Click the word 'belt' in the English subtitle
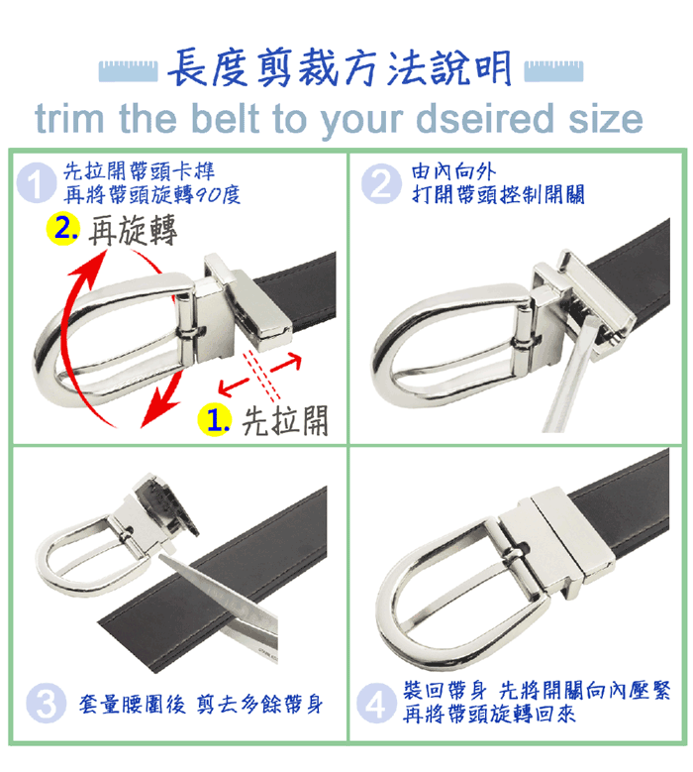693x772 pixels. (225, 119)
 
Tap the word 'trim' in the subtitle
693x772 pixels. (69, 119)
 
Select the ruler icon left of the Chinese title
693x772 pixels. (128, 71)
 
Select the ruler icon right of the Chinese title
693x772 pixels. (553, 71)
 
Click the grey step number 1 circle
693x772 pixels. (36, 183)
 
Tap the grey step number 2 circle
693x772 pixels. (381, 183)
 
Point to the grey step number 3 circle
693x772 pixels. (46, 703)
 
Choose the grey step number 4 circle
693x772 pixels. (376, 703)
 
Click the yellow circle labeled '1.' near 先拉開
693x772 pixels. (215, 420)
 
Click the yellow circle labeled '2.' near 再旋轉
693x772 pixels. (63, 229)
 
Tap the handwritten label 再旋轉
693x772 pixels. (133, 230)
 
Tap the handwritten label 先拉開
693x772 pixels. (285, 421)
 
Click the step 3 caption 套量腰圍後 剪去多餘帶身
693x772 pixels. (201, 704)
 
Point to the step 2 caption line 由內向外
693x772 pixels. (453, 171)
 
